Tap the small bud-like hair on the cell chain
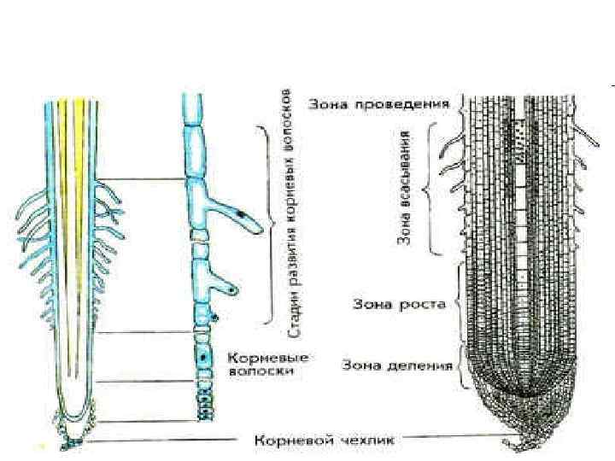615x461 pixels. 214,319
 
